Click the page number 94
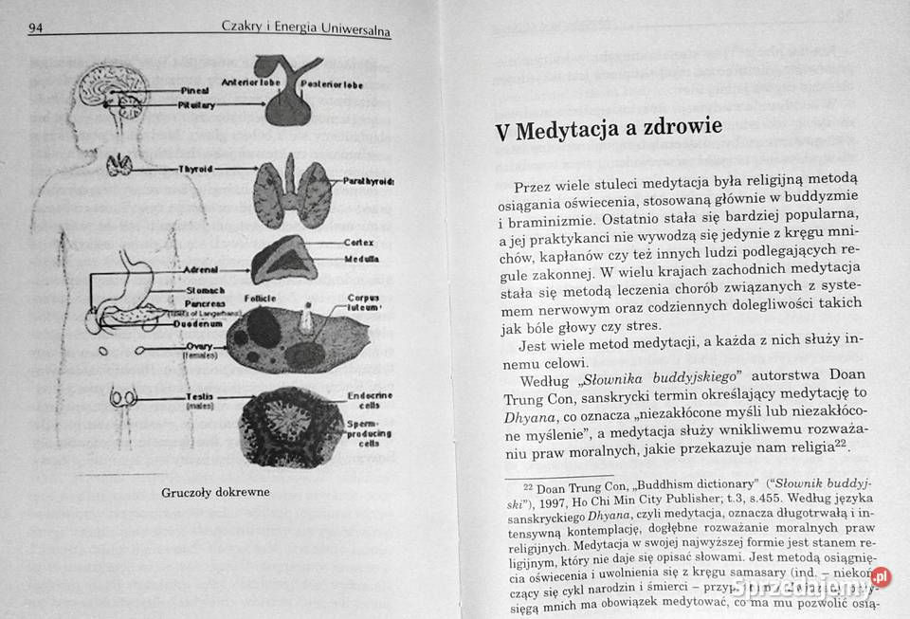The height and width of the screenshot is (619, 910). (36, 27)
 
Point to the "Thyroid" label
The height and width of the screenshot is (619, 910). (195, 169)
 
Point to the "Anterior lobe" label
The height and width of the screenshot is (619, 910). (248, 82)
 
